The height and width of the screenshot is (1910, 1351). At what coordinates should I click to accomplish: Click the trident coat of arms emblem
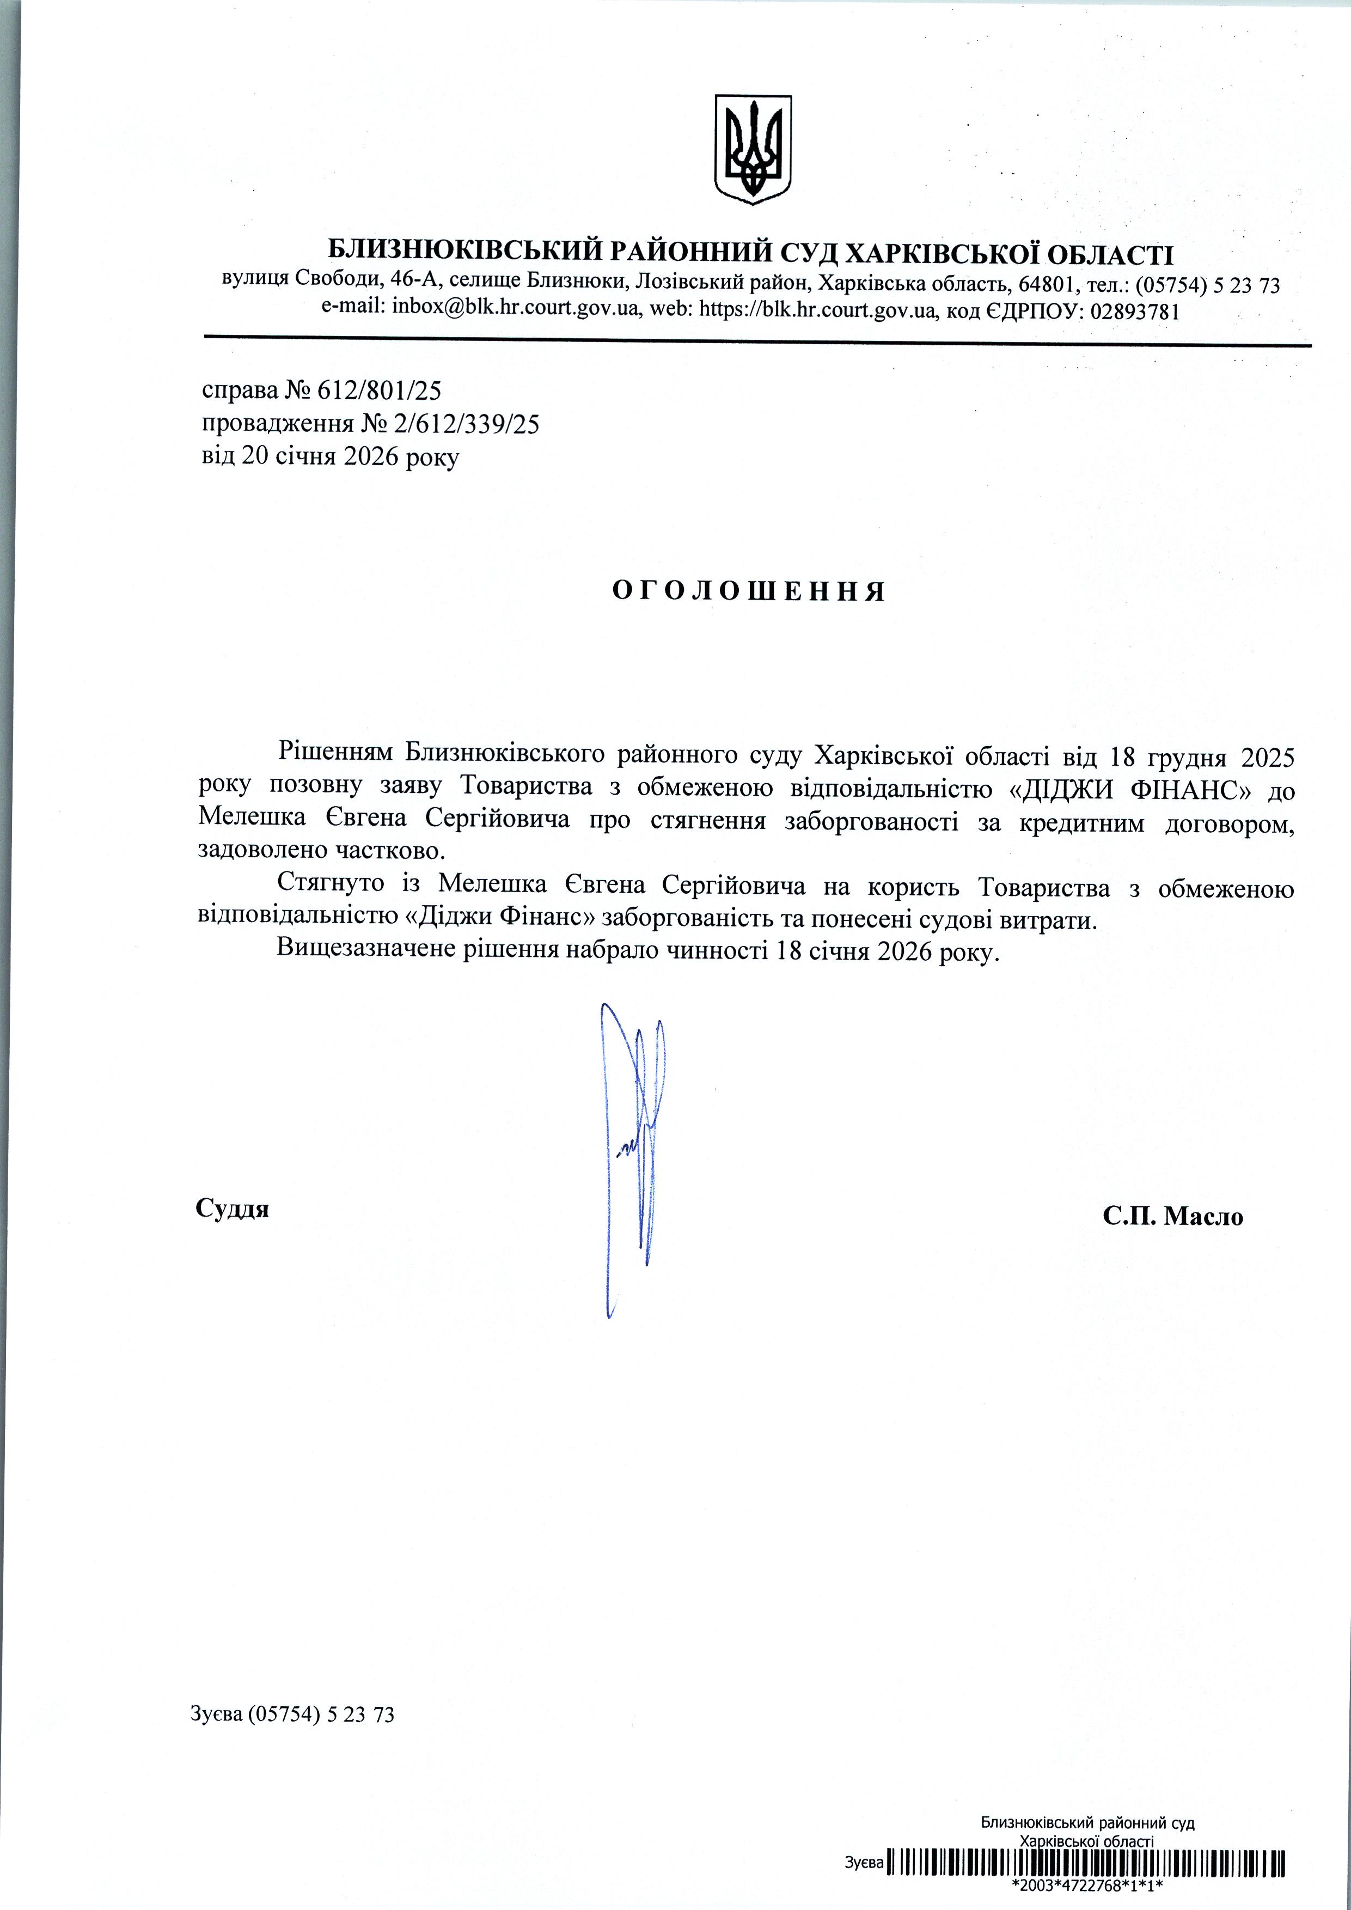click(x=753, y=150)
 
